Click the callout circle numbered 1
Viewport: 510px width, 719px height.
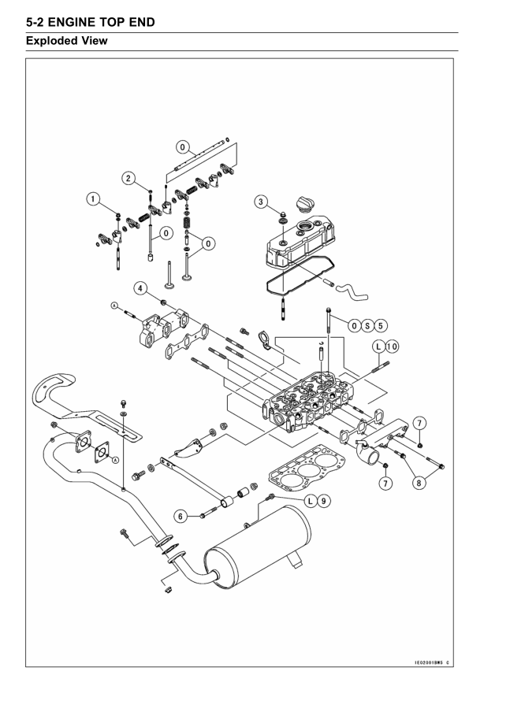93,199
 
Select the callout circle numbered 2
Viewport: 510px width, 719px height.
128,179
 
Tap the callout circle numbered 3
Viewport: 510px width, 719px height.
261,202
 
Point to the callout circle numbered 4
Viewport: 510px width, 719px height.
140,288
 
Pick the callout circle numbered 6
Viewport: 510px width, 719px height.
181,517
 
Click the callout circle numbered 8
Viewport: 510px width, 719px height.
419,483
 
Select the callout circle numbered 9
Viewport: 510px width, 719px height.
323,501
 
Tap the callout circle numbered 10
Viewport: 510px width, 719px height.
392,347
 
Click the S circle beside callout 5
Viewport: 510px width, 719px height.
367,326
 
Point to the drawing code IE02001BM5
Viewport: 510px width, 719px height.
430,662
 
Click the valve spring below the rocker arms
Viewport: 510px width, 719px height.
187,224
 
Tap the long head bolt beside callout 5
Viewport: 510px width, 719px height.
328,324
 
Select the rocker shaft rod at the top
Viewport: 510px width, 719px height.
202,154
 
